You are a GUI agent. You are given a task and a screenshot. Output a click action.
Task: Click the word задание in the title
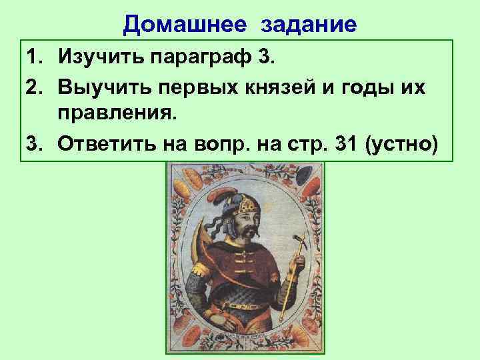(x=309, y=25)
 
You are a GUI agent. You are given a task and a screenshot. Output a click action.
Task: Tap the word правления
(x=119, y=115)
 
